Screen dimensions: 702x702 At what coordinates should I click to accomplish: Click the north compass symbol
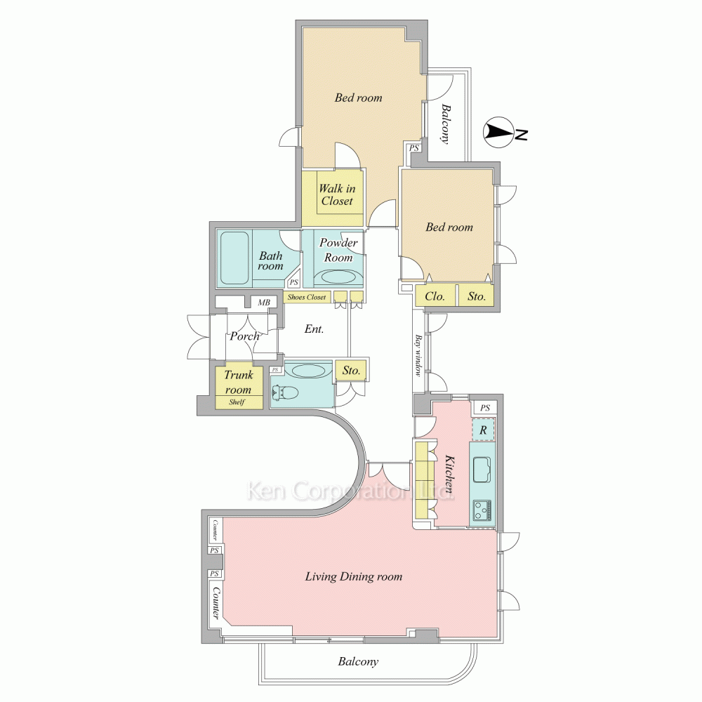(498, 133)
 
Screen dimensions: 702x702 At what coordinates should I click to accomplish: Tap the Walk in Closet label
(337, 194)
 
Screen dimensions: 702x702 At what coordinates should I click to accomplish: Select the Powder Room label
(338, 250)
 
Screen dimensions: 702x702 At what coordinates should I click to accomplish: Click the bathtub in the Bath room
(234, 258)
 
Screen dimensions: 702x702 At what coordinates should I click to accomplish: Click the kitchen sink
(482, 469)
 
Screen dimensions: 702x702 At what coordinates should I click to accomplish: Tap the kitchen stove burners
(482, 510)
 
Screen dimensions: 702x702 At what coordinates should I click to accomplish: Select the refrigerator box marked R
(483, 430)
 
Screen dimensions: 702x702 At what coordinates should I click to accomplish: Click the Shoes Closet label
(307, 297)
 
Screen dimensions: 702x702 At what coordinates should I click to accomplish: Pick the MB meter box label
(264, 303)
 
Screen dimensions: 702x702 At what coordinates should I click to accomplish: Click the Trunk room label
(238, 382)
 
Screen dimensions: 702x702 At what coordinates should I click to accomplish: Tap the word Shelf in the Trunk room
(237, 402)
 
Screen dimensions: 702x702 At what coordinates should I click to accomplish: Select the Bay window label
(418, 355)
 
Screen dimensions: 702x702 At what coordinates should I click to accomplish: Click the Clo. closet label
(435, 296)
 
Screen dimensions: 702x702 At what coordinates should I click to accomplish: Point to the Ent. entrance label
(314, 329)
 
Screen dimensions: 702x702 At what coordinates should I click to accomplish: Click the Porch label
(244, 336)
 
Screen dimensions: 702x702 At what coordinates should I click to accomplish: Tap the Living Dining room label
(354, 576)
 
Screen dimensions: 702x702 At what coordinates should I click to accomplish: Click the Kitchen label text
(449, 474)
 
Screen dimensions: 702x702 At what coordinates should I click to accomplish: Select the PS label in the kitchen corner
(485, 408)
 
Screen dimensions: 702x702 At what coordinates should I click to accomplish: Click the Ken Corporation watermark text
(350, 490)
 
